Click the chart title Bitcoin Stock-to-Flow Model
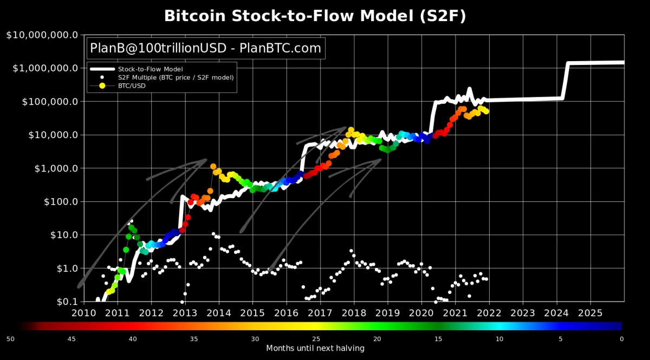315,16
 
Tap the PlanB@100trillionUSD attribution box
205,48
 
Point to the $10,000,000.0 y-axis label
42,35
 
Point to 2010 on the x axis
83,312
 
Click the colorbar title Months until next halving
315,348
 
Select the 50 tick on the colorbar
10,339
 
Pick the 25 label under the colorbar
316,339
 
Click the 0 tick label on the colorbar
622,339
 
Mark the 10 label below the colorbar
499,339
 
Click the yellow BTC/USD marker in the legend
102,86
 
